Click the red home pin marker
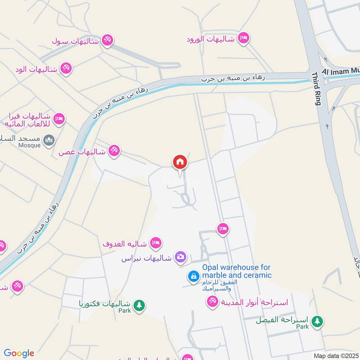tap(180, 162)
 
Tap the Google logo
tap(19, 353)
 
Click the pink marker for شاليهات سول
tap(107, 40)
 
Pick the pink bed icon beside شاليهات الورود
tap(243, 38)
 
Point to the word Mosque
tap(30, 145)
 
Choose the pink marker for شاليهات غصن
tap(114, 151)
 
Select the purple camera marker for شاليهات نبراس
tap(180, 256)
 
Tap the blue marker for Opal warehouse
tap(193, 275)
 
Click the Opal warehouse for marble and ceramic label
tap(237, 271)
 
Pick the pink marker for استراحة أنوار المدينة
tap(212, 301)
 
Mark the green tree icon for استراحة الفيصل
tap(318, 321)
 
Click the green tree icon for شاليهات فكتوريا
tap(139, 305)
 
